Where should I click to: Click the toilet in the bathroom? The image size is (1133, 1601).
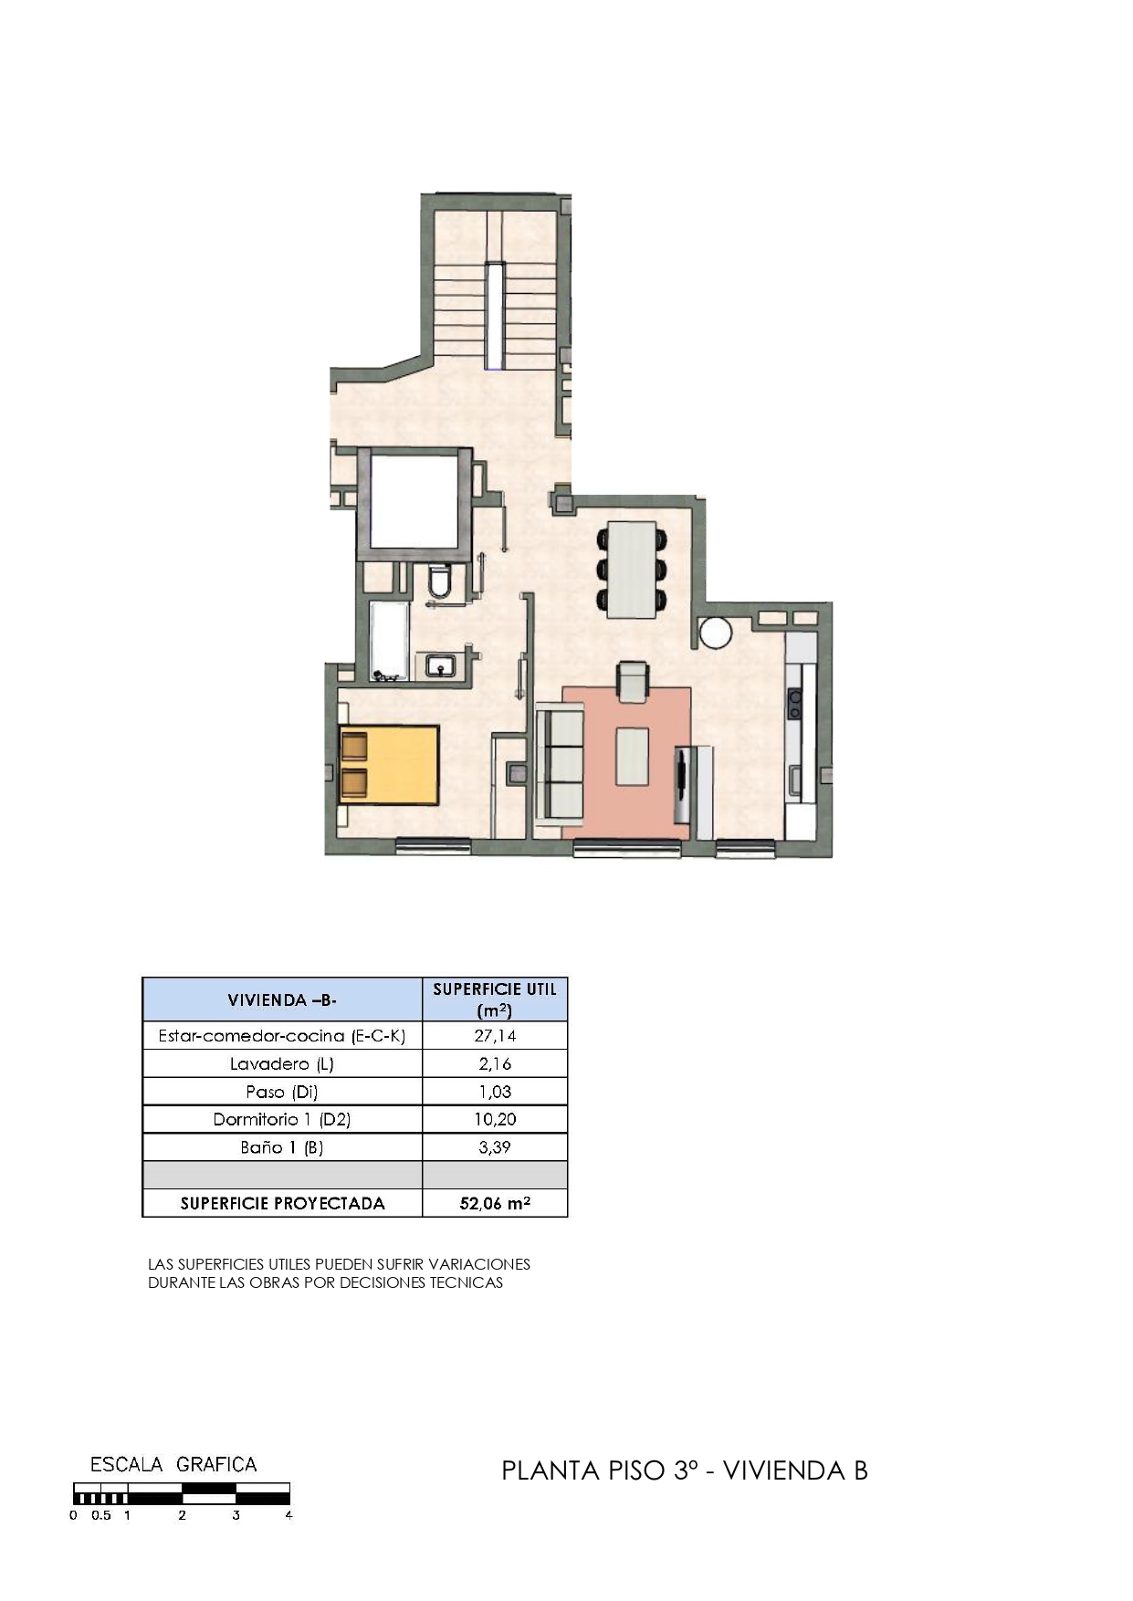[440, 581]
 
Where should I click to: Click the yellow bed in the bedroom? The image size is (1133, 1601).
[390, 764]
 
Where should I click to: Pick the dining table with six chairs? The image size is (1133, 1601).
[632, 568]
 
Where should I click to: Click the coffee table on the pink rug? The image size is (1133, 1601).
[632, 756]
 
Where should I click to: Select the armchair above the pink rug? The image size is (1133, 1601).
[633, 682]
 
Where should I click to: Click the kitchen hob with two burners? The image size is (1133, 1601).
[795, 704]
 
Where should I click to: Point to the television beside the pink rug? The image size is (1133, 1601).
[682, 786]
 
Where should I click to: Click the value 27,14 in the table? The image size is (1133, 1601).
[495, 1035]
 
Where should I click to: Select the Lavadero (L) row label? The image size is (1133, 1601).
[282, 1063]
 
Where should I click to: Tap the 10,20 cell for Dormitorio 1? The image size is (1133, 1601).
[495, 1119]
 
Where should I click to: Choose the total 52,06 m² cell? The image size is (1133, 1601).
[495, 1203]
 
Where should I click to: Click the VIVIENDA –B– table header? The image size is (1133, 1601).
[282, 999]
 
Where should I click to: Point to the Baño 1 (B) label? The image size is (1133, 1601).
[282, 1147]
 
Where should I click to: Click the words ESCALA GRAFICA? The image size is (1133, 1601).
[173, 1465]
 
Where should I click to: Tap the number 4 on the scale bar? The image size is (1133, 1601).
[288, 1515]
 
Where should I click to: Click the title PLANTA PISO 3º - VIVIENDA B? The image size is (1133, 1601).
[685, 1470]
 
